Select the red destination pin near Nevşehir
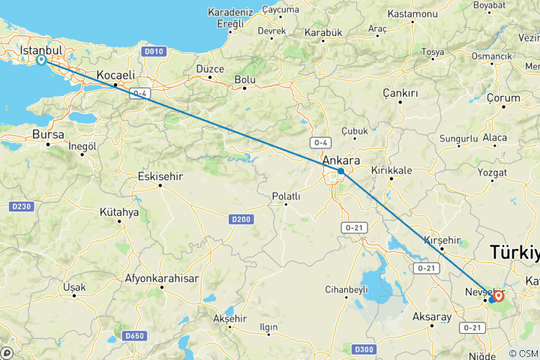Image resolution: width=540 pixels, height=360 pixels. (499, 296)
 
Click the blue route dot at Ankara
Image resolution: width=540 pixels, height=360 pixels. (341, 172)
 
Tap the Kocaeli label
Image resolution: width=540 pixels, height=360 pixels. (115, 75)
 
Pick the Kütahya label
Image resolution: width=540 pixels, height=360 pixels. (119, 212)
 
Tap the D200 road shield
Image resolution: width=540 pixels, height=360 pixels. (241, 218)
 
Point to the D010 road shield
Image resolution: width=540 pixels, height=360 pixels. (153, 52)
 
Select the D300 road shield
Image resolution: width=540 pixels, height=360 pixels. (364, 349)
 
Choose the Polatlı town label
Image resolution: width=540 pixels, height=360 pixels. (286, 196)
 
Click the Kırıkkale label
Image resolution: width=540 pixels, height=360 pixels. (391, 170)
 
